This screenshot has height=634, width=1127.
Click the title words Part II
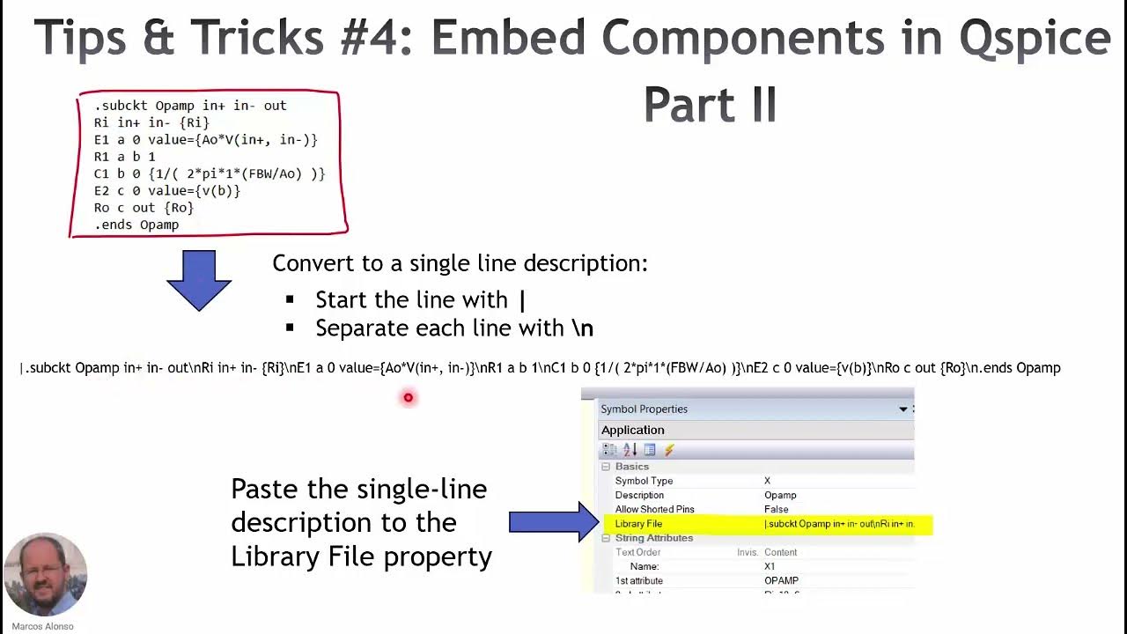point(710,106)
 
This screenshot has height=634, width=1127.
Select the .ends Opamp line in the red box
point(136,225)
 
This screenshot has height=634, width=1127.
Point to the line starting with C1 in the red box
point(210,173)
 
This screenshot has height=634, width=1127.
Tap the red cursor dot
point(408,398)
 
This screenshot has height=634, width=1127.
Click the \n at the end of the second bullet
point(582,328)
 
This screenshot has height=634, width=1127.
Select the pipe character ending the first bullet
point(523,300)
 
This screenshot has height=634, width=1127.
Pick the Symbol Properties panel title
point(644,409)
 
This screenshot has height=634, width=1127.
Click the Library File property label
point(638,524)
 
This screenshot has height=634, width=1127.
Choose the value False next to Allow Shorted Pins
point(776,509)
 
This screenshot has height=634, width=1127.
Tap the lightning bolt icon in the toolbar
point(669,450)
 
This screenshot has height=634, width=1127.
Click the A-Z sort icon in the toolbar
point(630,450)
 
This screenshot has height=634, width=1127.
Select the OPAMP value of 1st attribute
point(781,580)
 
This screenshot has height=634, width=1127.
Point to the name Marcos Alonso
point(42,626)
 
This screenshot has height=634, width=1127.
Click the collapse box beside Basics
point(605,467)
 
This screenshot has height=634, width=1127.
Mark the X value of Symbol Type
point(767,481)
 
